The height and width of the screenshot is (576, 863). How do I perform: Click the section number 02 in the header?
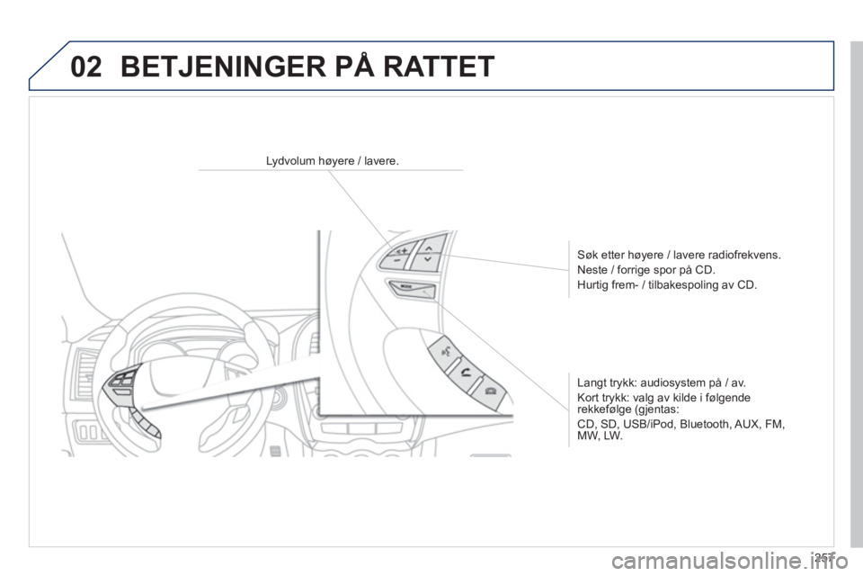pos(86,67)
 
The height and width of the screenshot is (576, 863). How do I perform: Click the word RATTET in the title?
pos(439,67)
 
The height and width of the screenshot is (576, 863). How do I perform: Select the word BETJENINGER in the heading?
pos(223,67)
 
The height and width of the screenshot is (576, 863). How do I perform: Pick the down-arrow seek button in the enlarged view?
pos(426,260)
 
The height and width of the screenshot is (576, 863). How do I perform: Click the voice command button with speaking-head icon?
pos(445,351)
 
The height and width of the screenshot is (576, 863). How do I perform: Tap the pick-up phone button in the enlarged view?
pos(467,374)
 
